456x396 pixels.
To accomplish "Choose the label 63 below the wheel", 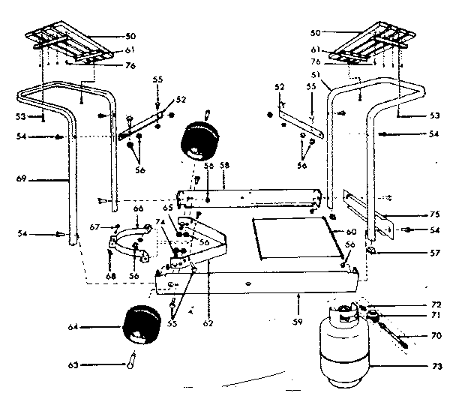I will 71,366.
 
